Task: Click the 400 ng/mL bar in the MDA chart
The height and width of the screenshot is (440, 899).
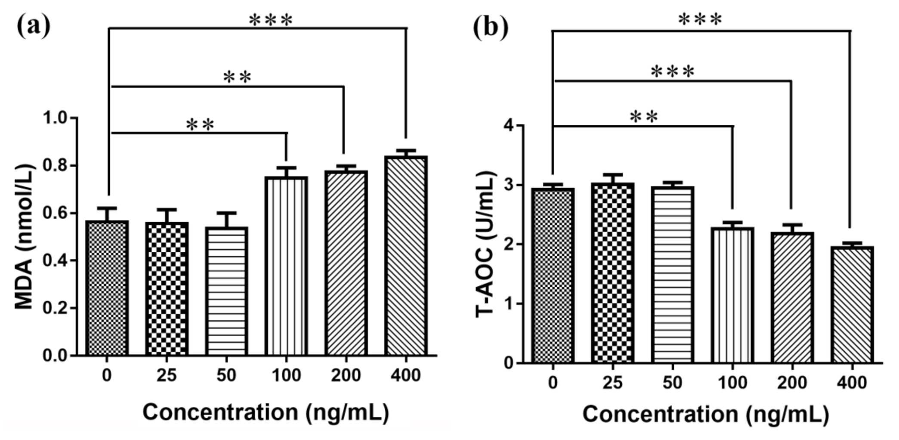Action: (406, 256)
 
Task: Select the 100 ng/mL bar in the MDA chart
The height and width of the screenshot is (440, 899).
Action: (286, 266)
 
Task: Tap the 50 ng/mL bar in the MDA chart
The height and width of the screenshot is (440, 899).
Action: (226, 291)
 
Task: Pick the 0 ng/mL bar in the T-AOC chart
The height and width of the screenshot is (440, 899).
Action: (553, 276)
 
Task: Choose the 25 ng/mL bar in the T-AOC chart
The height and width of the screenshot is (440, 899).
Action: (613, 273)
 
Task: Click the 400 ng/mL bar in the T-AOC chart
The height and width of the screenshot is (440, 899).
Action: (852, 305)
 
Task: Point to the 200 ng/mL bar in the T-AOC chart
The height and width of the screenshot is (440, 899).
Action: (792, 297)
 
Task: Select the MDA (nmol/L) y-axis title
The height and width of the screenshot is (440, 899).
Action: (25, 237)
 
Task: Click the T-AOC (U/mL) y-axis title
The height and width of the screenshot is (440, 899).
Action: (486, 245)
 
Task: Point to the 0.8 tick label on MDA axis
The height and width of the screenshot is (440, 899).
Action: (56, 166)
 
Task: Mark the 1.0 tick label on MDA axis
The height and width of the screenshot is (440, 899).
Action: (56, 118)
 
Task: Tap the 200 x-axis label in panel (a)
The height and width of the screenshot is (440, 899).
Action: (346, 375)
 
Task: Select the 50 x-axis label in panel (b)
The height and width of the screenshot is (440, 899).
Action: (672, 382)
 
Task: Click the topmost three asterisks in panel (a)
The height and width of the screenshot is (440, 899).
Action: (271, 20)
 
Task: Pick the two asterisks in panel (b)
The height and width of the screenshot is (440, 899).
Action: (644, 116)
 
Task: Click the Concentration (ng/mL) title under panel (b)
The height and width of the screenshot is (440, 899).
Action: (706, 415)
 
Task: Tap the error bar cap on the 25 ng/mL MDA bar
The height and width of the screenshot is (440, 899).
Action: (167, 209)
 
